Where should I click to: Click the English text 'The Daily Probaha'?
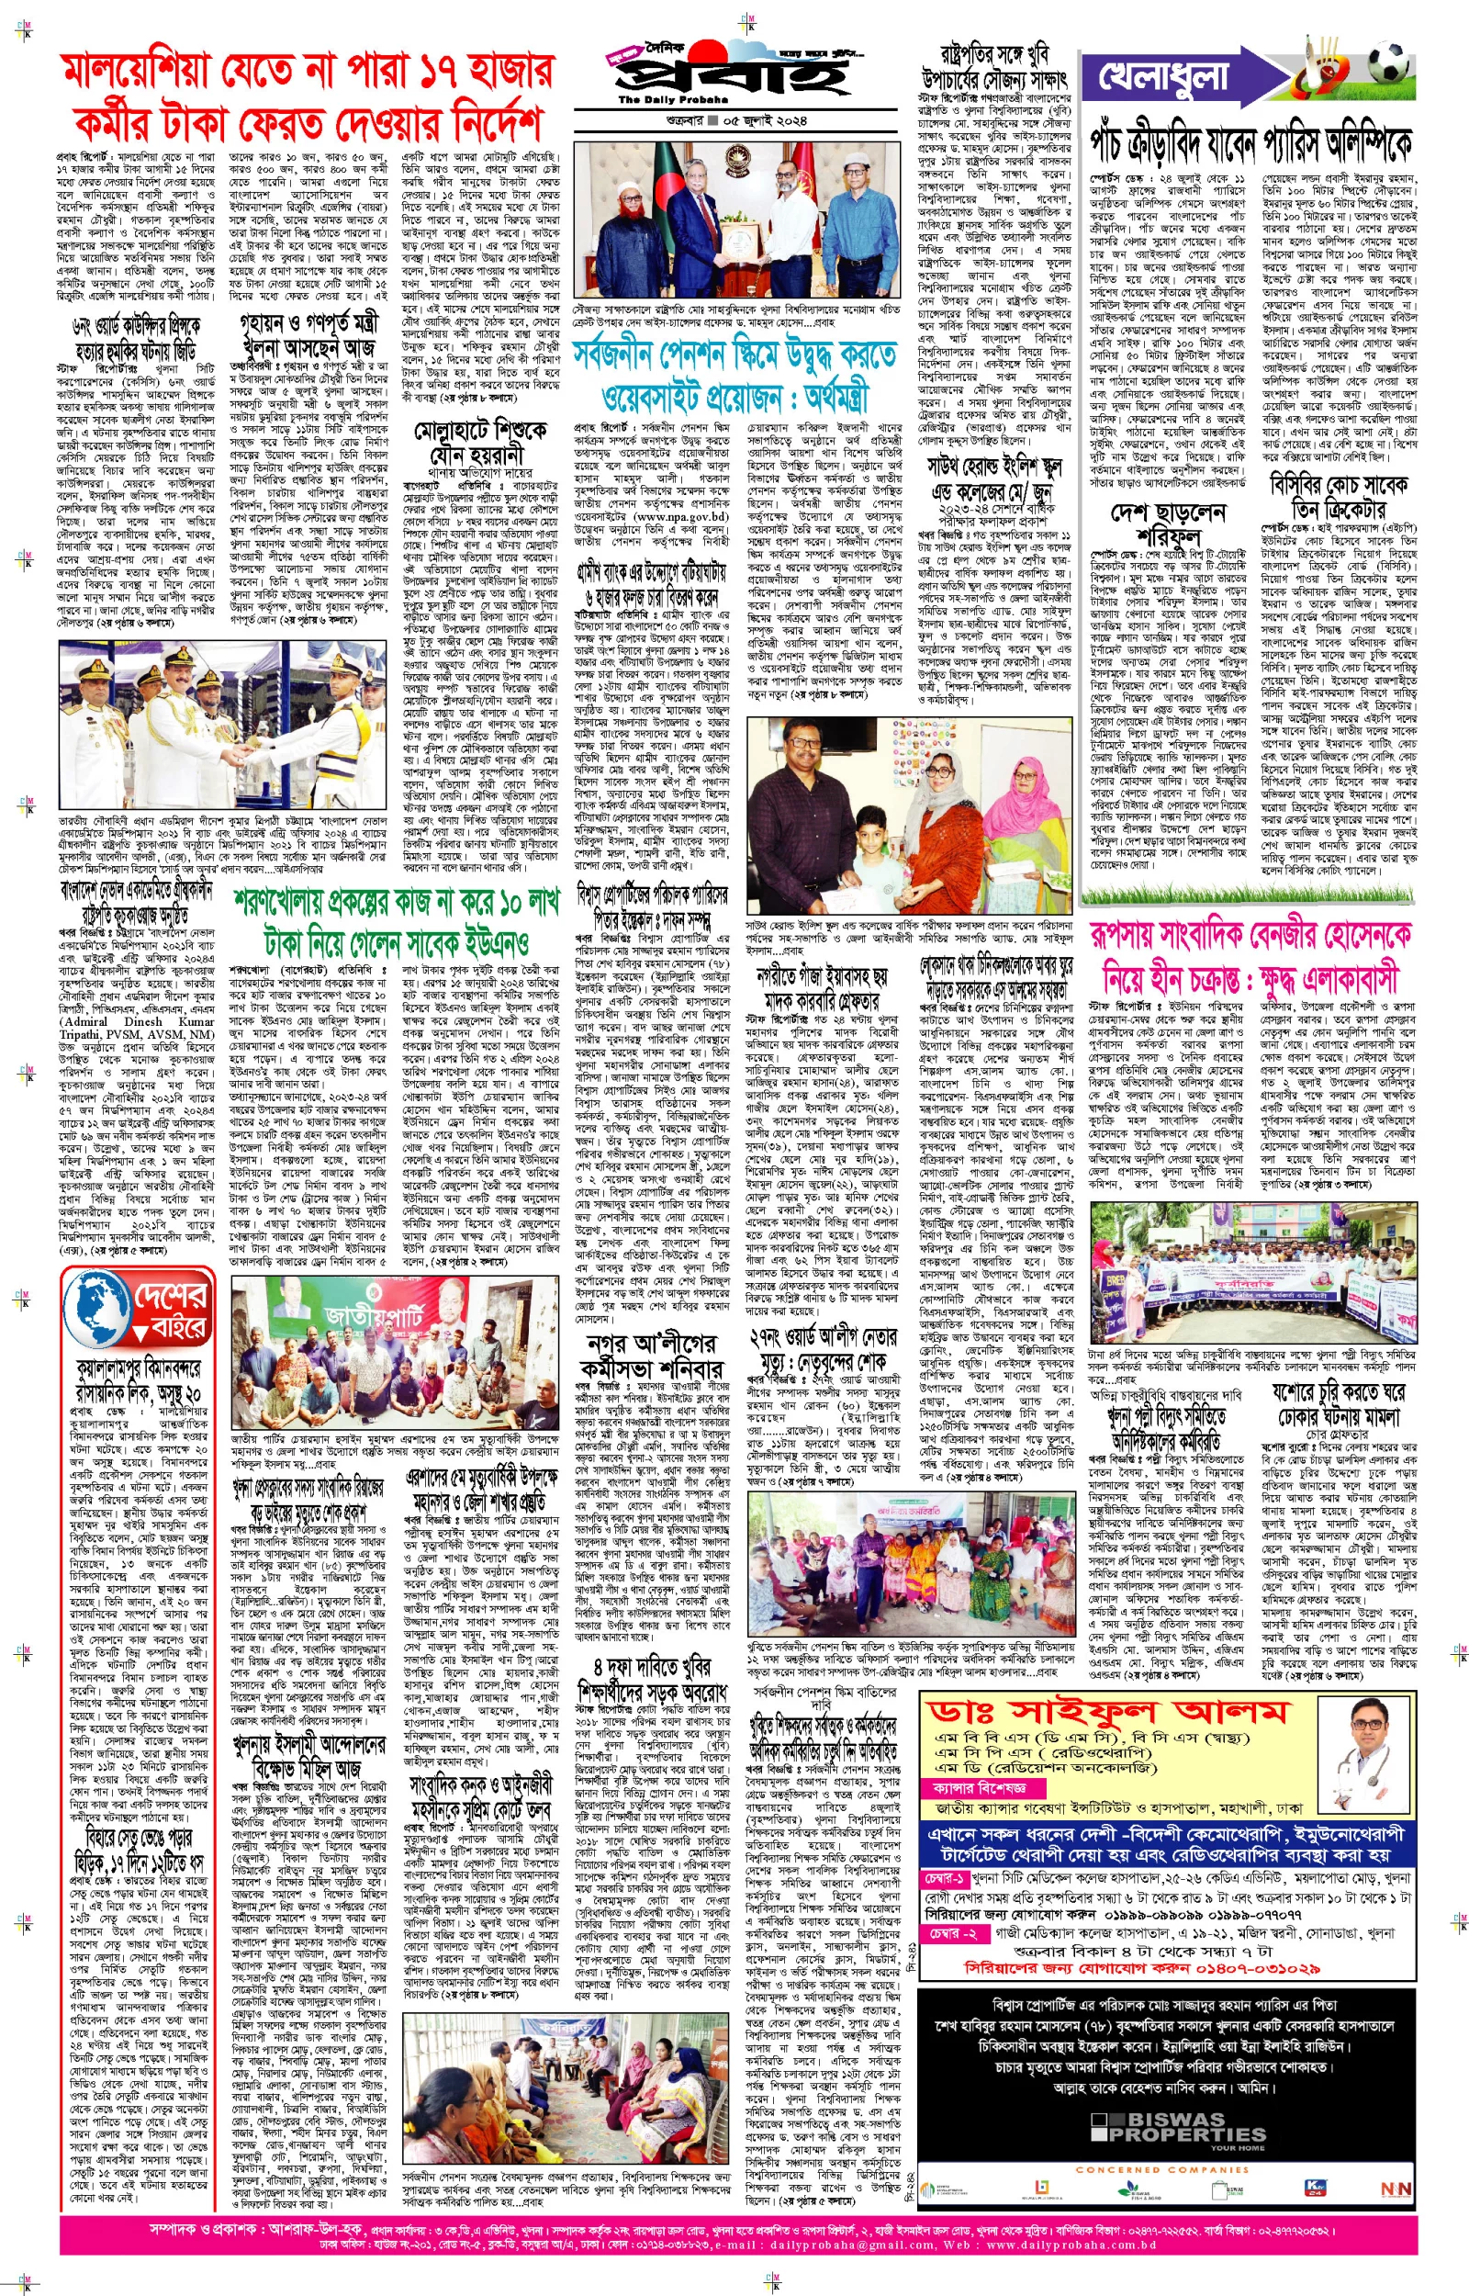tap(672, 99)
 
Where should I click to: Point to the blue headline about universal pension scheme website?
tap(734, 375)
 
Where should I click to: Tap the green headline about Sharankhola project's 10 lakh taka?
tap(395, 921)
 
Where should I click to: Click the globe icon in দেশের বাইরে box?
tap(98, 1306)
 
